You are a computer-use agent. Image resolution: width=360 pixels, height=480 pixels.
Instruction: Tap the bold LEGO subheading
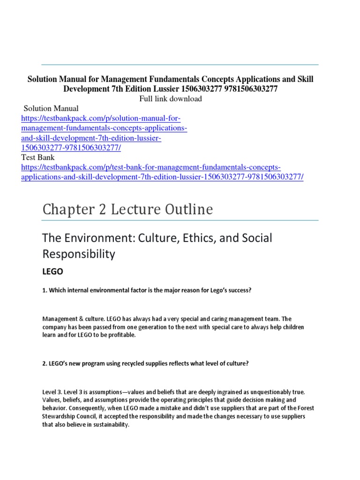52,271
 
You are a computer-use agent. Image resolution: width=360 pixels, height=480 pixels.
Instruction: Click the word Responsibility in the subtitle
79,254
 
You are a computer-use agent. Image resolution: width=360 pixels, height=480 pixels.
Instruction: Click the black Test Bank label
38,158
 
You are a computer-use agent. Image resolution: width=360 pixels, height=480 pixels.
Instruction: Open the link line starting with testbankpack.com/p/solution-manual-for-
101,118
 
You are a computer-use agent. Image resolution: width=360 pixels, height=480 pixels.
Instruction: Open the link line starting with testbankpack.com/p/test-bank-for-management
151,167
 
